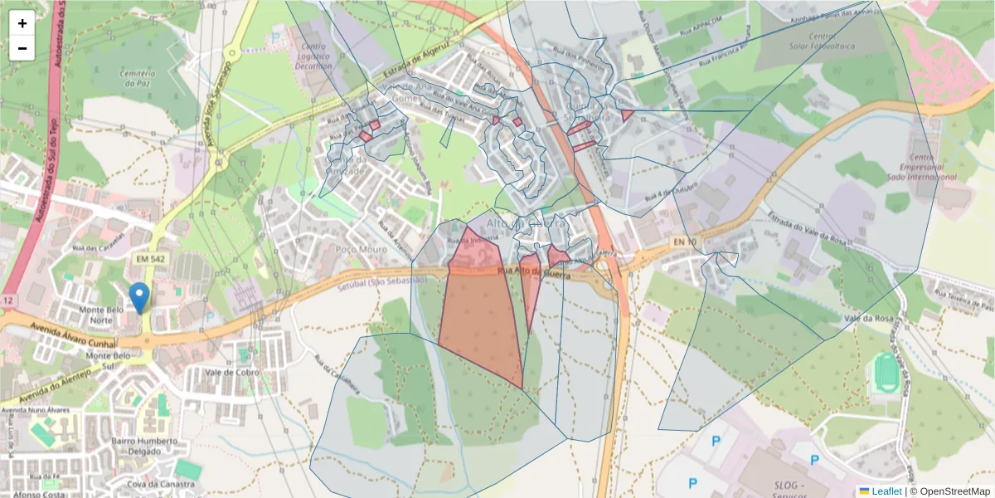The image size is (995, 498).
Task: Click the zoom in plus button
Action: tap(22, 23)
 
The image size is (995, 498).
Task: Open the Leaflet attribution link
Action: tap(886, 491)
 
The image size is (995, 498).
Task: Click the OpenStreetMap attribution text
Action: tap(950, 491)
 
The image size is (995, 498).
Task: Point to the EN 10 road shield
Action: tap(683, 242)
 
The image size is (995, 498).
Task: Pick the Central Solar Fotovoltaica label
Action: tap(821, 42)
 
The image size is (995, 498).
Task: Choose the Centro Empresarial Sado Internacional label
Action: tap(932, 167)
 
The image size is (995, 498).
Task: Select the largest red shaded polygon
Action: tap(479, 324)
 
